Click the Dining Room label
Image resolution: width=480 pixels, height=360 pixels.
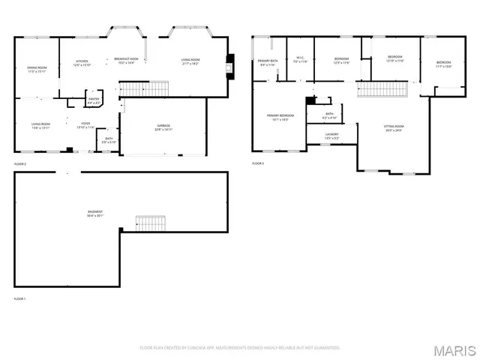tap(37, 69)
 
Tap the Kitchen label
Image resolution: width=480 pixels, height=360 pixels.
tap(81, 61)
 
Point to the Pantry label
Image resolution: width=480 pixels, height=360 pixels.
tap(94, 100)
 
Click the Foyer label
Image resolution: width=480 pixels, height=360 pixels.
tap(86, 124)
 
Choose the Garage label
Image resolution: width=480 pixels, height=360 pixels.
tap(163, 127)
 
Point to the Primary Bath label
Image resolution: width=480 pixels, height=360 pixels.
tap(268, 62)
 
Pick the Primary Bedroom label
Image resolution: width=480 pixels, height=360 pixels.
tap(280, 116)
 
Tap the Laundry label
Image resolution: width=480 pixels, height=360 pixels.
tap(332, 136)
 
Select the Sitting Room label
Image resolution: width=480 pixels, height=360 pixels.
tap(394, 127)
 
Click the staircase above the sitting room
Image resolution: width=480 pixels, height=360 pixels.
tap(382, 90)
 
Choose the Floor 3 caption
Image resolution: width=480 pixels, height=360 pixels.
tap(258, 163)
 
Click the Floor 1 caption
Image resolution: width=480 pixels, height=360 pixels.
tap(19, 298)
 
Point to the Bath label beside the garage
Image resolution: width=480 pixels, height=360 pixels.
tap(109, 139)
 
